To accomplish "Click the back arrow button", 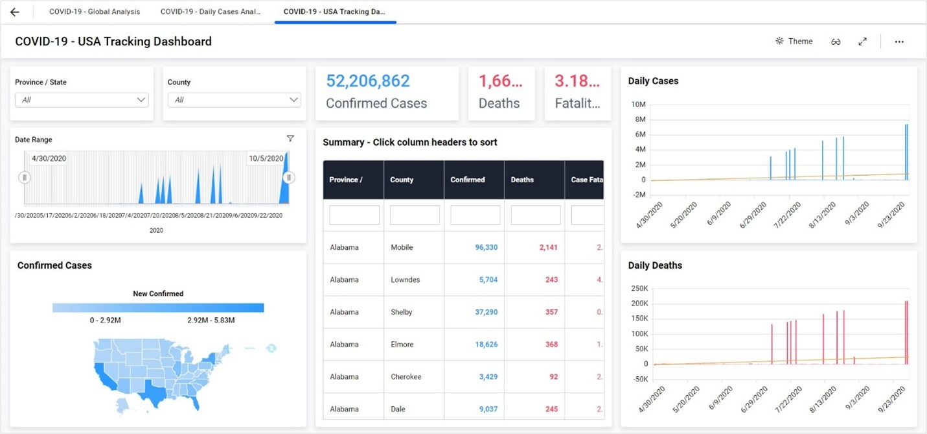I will [x=15, y=12].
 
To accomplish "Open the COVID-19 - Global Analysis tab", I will [x=95, y=12].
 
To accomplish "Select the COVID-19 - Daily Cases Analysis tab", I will [x=211, y=12].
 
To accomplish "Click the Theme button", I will [x=794, y=41].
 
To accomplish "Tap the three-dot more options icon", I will [x=899, y=42].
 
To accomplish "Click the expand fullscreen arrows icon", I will [x=862, y=42].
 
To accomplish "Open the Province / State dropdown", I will [x=82, y=100].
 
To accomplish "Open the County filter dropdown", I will [x=234, y=100].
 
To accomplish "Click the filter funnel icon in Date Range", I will [x=290, y=138].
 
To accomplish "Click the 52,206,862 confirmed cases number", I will [x=368, y=81].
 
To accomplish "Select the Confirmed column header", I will [x=468, y=180].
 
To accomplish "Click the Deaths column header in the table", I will [x=523, y=180].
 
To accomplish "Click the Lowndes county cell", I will [x=406, y=280].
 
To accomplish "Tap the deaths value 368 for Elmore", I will [x=551, y=344].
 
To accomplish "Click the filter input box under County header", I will [x=415, y=215].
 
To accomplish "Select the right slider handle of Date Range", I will [x=289, y=177].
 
